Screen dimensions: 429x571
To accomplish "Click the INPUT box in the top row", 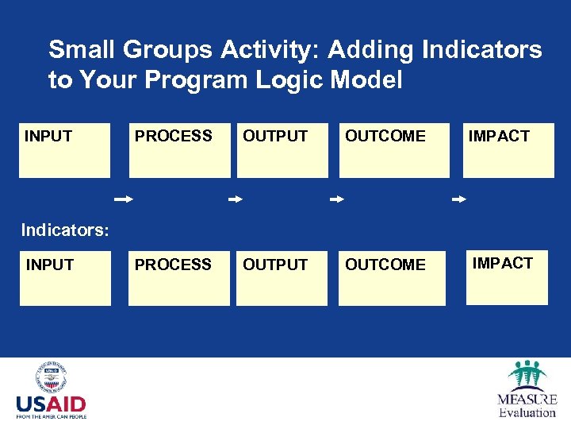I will click(x=64, y=150).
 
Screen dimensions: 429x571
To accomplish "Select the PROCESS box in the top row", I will click(x=179, y=150).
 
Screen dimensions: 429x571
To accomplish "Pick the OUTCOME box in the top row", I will click(x=393, y=150).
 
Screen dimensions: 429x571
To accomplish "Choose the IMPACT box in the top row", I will click(x=508, y=150).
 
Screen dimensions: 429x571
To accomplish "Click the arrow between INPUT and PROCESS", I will click(x=122, y=200).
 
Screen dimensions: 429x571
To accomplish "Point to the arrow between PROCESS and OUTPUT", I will click(x=235, y=200).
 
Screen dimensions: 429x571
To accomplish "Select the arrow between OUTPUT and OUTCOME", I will click(x=337, y=200).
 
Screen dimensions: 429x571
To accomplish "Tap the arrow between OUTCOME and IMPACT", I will click(x=459, y=200).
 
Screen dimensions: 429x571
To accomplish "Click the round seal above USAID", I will click(x=51, y=377).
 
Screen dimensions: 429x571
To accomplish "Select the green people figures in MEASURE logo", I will click(x=527, y=375).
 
